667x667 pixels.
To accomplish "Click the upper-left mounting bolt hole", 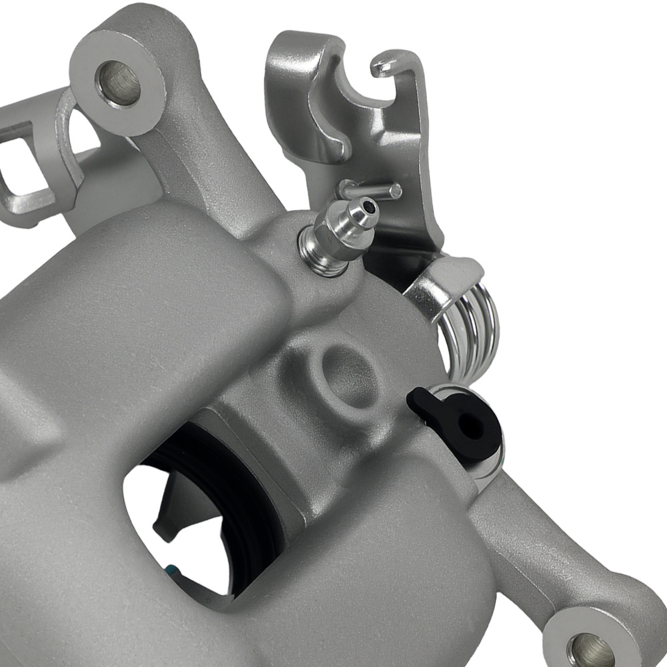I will [118, 83].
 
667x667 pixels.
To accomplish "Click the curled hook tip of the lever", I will [383, 65].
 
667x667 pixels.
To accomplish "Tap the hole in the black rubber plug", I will [472, 427].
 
